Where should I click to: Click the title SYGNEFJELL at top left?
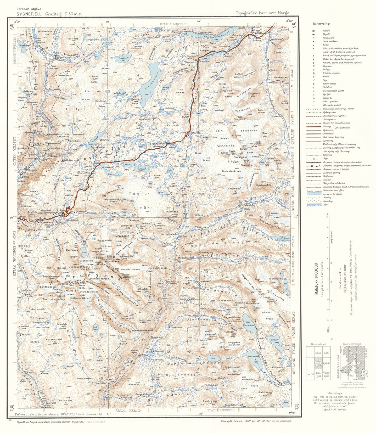[29, 14]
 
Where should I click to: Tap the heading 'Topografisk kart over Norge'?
[262, 13]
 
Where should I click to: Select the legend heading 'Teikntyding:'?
[321, 24]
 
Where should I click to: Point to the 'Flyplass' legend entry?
[327, 66]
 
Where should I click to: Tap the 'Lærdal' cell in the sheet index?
[310, 374]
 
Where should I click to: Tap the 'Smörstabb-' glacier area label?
[227, 146]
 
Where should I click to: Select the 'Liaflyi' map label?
[74, 109]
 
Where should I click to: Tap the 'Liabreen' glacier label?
[104, 69]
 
